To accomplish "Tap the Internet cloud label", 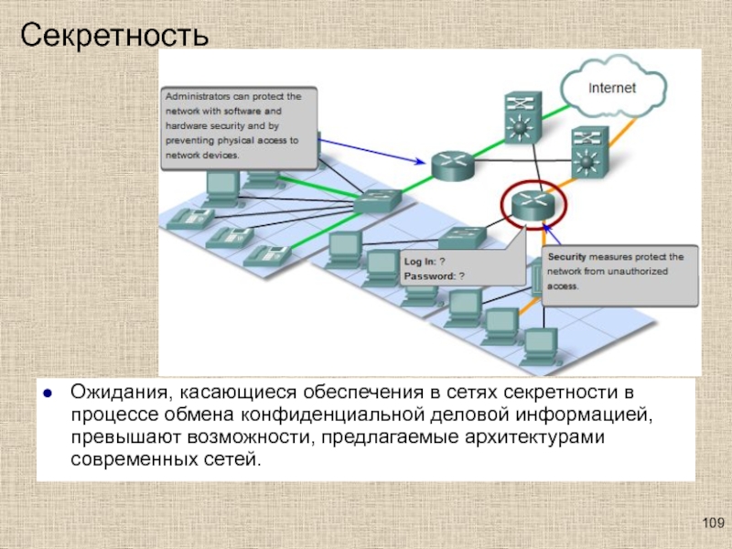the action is click(612, 89).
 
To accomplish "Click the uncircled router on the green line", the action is click(451, 163).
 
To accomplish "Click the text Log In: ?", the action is click(425, 261).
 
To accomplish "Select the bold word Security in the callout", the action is click(568, 257).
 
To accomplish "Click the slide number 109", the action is click(712, 522).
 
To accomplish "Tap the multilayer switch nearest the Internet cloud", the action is click(521, 116).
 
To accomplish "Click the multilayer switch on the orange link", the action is click(586, 151).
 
